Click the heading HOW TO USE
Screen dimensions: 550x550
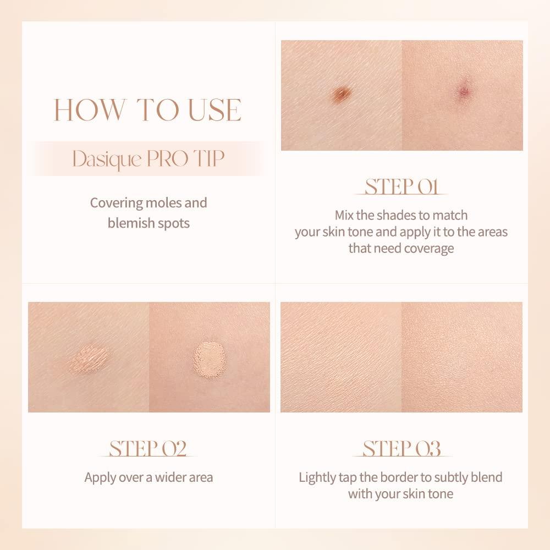[x=148, y=109]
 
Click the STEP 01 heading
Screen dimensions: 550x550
[x=402, y=187]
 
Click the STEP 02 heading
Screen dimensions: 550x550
[x=148, y=448]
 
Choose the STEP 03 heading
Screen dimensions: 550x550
[x=402, y=448]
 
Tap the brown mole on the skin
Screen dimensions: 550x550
[x=342, y=95]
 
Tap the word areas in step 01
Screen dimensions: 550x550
[x=491, y=232]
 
